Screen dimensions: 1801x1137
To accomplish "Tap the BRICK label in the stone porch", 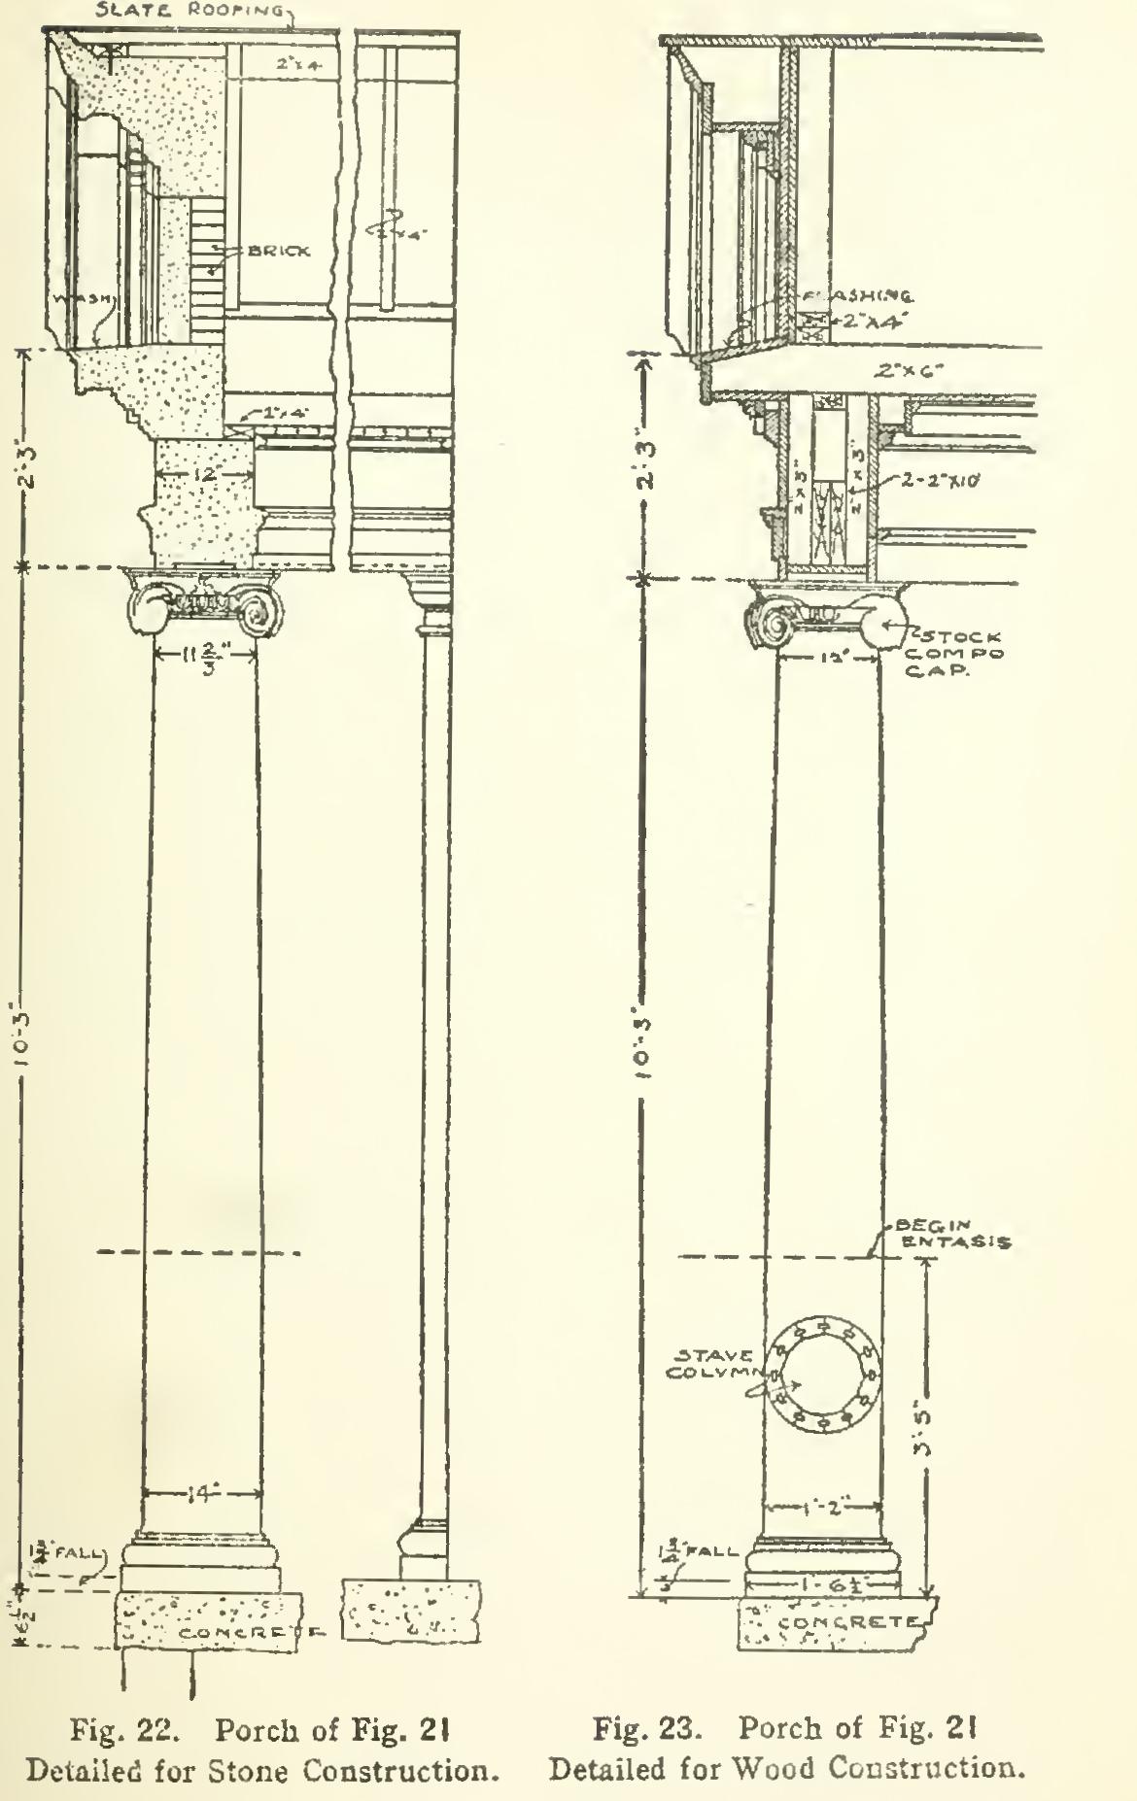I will click(279, 251).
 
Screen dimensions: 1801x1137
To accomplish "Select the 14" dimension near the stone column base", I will click(202, 1495).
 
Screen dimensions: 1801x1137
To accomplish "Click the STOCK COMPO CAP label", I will click(954, 654).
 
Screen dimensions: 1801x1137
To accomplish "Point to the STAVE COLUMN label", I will click(714, 1364).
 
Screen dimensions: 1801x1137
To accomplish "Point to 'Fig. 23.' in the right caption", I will click(645, 1729).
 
